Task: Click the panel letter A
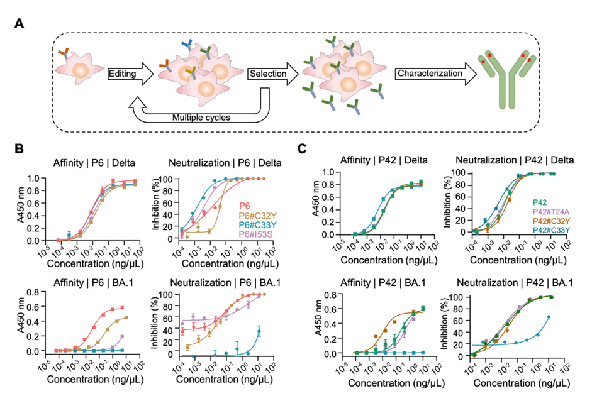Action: (x=19, y=23)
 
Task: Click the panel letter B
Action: (x=19, y=148)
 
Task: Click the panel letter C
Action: (x=302, y=148)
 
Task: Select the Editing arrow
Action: (x=131, y=74)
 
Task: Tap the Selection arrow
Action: (x=273, y=74)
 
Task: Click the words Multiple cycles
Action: (x=201, y=118)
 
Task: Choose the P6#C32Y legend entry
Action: (x=255, y=216)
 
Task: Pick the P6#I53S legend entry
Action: (x=255, y=234)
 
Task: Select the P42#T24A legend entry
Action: (x=551, y=212)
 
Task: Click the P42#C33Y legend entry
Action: (x=551, y=230)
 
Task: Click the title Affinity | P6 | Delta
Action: (x=94, y=163)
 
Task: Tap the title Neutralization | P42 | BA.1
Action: (x=515, y=283)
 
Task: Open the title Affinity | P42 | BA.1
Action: (x=383, y=283)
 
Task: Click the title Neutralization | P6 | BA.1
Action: (x=225, y=283)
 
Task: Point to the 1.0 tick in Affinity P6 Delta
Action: (x=35, y=179)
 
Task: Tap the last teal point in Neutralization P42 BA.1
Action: (x=549, y=317)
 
